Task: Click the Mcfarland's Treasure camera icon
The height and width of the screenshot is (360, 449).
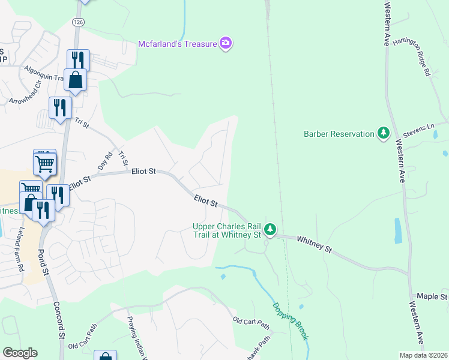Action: click(x=226, y=43)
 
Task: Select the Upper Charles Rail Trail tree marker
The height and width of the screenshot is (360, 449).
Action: click(x=270, y=229)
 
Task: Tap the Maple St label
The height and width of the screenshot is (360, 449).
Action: click(x=432, y=296)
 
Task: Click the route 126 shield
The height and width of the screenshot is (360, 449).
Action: click(x=77, y=22)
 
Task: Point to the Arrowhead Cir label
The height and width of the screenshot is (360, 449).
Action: click(x=24, y=97)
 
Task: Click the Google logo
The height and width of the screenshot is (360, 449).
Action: click(x=19, y=353)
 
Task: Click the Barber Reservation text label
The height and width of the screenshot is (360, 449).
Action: click(x=339, y=134)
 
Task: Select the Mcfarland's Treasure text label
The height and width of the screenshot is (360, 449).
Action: click(x=178, y=43)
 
